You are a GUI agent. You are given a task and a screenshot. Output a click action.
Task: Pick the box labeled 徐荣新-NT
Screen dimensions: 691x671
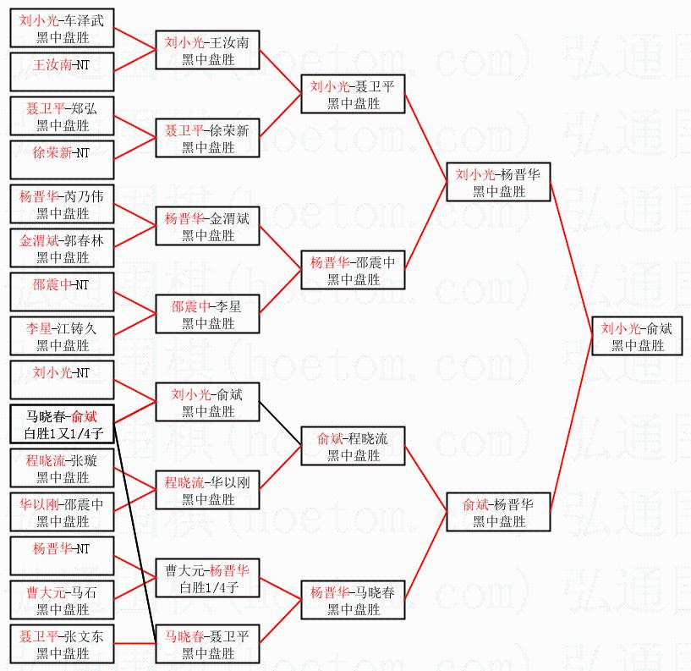click(x=63, y=160)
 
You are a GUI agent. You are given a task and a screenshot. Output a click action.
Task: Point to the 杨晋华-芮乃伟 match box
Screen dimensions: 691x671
click(x=63, y=204)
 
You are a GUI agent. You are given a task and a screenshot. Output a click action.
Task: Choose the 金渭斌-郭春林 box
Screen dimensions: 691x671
click(x=63, y=248)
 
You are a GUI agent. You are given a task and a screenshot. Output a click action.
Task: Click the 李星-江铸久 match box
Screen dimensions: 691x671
click(x=63, y=336)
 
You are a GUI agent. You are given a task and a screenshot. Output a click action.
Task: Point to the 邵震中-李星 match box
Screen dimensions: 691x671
click(x=208, y=314)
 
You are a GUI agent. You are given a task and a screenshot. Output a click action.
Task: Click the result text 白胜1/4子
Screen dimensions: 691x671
click(x=208, y=587)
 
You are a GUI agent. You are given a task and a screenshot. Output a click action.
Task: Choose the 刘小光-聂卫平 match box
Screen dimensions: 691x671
click(x=354, y=94)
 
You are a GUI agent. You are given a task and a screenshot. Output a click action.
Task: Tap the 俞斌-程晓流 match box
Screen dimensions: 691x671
click(x=354, y=446)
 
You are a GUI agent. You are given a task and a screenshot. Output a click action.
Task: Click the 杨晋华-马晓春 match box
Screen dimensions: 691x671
click(x=354, y=600)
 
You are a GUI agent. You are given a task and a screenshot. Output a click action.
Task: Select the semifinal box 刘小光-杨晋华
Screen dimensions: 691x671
click(x=499, y=182)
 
